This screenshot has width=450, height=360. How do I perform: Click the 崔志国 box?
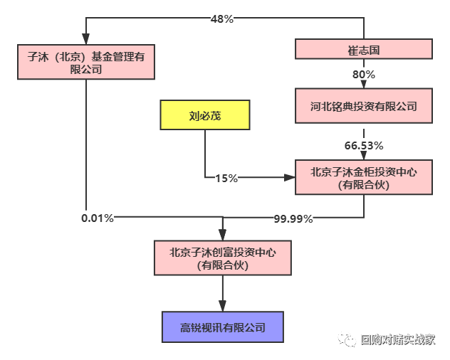click(364, 50)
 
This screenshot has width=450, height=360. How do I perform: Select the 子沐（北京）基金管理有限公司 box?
click(85, 63)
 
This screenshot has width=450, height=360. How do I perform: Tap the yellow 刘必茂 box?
click(205, 115)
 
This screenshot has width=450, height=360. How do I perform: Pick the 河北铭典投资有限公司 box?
click(364, 107)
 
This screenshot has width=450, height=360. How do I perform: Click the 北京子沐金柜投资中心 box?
click(364, 178)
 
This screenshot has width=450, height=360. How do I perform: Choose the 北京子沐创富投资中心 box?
click(223, 258)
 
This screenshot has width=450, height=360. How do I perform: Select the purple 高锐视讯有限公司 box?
click(223, 327)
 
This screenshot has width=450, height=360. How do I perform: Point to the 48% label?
click(222, 19)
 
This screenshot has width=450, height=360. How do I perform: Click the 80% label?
click(364, 74)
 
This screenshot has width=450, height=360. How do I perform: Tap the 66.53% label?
click(364, 145)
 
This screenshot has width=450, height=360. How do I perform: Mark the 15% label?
click(226, 178)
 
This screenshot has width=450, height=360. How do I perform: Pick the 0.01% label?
click(98, 218)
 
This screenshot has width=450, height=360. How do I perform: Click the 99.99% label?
click(293, 218)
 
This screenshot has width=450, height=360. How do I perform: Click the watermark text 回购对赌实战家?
click(397, 339)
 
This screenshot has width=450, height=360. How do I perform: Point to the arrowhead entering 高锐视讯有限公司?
click(223, 307)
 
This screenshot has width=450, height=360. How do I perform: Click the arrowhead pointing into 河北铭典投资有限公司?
click(364, 85)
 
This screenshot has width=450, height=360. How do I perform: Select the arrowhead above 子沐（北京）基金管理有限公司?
click(85, 40)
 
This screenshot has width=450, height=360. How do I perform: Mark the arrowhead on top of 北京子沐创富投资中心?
click(223, 236)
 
